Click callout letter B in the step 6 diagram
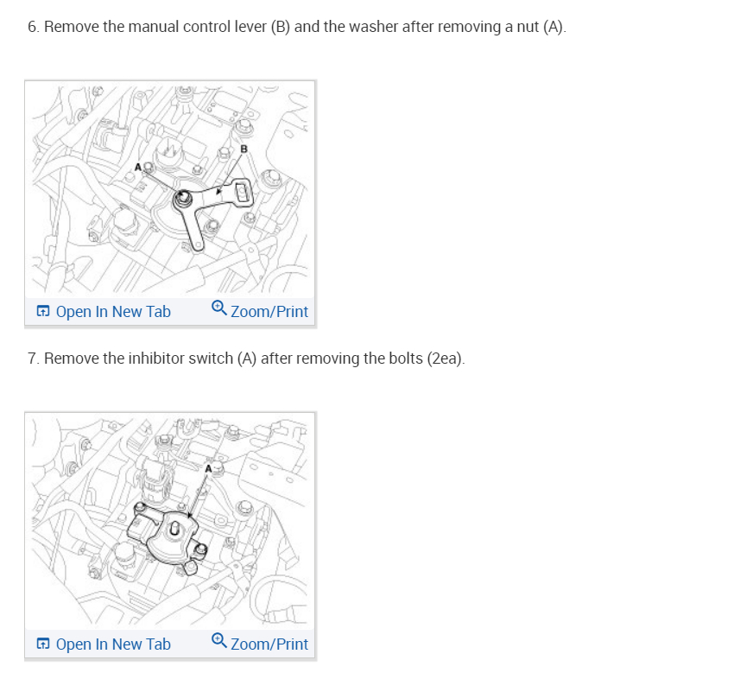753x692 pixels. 244,149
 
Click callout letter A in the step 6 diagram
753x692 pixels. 137,166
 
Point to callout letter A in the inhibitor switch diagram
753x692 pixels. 207,468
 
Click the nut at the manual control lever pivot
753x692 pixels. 183,200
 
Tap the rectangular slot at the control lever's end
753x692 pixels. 243,192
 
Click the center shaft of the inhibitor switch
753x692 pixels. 173,529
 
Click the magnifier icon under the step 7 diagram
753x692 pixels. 219,642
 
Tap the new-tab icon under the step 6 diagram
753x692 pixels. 42,311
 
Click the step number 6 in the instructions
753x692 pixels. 32,27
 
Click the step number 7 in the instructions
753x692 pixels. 32,358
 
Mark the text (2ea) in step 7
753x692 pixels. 445,358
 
